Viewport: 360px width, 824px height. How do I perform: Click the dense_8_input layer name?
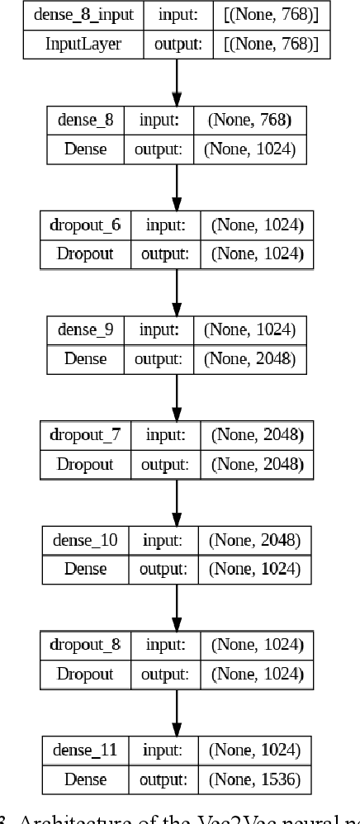click(83, 16)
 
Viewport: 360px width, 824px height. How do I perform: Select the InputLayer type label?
click(83, 44)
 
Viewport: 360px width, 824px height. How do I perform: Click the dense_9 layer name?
click(85, 330)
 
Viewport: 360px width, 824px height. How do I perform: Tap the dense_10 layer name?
click(85, 541)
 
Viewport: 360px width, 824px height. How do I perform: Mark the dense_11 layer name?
click(85, 751)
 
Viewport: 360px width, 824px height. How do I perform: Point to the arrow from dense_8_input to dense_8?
click(177, 83)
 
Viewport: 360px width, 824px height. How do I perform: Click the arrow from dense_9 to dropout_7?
click(177, 397)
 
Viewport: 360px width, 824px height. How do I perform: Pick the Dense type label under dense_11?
click(85, 779)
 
